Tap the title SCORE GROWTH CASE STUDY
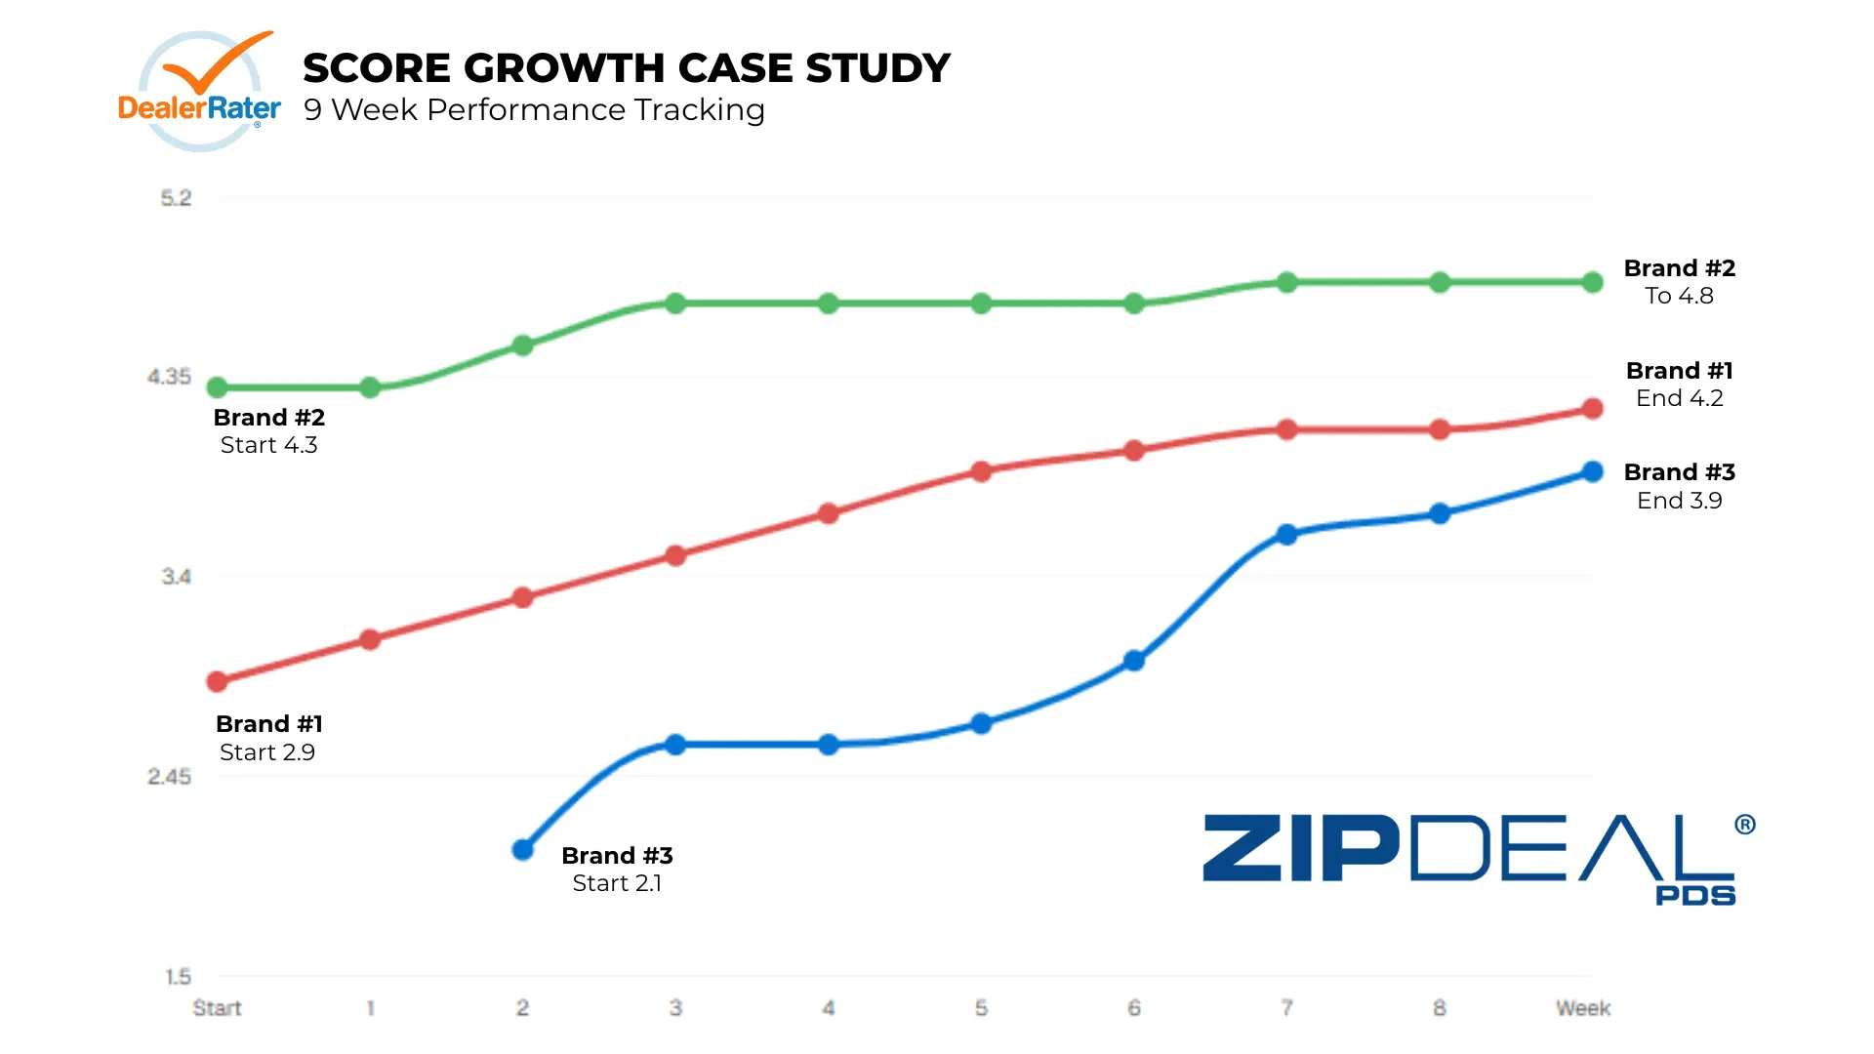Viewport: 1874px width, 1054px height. (x=626, y=68)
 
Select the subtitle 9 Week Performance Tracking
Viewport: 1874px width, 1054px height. (x=534, y=110)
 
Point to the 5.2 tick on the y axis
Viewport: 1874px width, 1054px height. (x=176, y=198)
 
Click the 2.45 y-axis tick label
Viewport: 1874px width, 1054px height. (x=169, y=777)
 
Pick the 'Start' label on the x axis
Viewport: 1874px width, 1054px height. (x=217, y=1008)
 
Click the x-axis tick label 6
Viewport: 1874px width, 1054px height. (x=1134, y=1008)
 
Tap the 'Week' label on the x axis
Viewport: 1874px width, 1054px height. (x=1582, y=1008)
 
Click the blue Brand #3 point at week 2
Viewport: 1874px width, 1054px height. (x=523, y=850)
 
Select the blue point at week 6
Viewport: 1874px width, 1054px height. (x=1134, y=661)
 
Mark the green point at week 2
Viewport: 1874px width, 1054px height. (x=523, y=345)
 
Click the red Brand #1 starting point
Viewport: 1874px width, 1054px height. (x=218, y=681)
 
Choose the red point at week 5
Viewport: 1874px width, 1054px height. (x=981, y=471)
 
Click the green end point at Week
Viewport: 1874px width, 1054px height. (x=1592, y=283)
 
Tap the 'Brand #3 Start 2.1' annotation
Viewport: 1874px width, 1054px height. (x=617, y=870)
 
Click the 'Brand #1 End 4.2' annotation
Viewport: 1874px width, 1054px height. (x=1679, y=385)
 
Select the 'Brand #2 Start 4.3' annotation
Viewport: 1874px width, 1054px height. (x=268, y=431)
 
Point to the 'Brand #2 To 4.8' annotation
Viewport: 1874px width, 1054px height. (x=1679, y=282)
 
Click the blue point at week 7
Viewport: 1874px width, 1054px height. (x=1286, y=535)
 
